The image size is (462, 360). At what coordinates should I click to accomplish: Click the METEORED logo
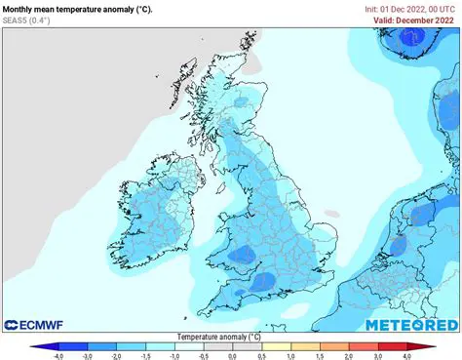click(410, 324)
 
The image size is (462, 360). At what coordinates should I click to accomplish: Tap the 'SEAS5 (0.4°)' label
click(27, 20)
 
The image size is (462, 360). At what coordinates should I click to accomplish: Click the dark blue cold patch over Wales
click(240, 256)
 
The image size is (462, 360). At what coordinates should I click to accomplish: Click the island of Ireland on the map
click(161, 210)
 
